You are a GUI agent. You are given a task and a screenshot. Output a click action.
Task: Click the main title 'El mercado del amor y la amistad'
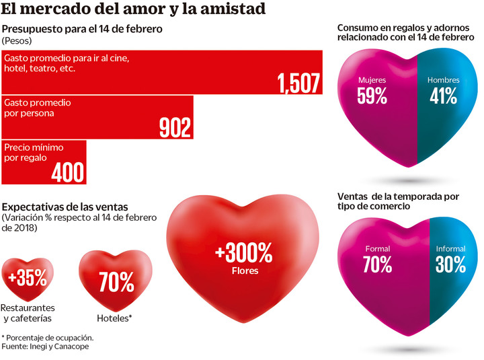click(x=133, y=9)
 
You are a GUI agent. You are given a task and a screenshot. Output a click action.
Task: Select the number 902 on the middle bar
click(x=175, y=127)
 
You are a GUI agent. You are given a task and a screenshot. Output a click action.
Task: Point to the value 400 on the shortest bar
click(x=69, y=172)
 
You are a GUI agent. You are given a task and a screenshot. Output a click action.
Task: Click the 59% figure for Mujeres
click(x=372, y=96)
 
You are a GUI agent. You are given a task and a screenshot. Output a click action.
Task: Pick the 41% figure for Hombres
click(x=444, y=96)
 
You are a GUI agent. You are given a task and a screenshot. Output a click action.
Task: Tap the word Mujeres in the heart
click(x=372, y=80)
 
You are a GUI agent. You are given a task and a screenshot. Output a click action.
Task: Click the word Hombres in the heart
click(x=444, y=80)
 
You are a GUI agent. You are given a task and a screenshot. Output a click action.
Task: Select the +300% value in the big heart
click(x=243, y=254)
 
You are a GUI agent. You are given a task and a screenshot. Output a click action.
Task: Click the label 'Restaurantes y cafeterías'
click(x=28, y=314)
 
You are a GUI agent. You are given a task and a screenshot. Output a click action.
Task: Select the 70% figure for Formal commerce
click(x=377, y=264)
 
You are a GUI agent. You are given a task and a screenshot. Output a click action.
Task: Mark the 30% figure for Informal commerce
click(x=450, y=264)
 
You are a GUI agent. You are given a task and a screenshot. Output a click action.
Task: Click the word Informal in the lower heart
click(x=450, y=249)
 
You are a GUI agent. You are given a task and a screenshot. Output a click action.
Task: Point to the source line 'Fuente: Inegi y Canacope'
click(x=45, y=347)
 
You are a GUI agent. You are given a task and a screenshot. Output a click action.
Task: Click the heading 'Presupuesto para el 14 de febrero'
click(x=83, y=30)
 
